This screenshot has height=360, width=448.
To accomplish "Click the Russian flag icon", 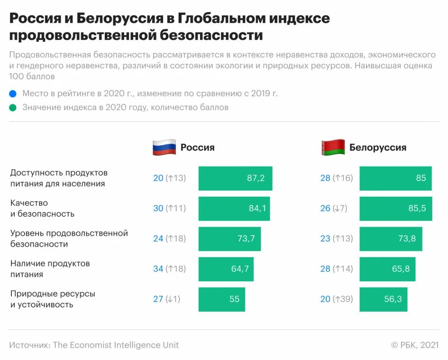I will coord(164,148).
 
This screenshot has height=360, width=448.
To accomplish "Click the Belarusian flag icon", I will coord(333,148).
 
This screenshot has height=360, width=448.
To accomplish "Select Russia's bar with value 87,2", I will coord(235,178).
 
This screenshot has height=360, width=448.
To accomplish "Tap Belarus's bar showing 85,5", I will coord(395,209).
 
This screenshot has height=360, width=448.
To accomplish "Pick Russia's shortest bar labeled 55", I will coord(221,299).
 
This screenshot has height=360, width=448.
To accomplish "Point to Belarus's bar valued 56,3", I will coord(383,299).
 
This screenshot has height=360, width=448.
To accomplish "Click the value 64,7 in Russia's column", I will coord(240,269).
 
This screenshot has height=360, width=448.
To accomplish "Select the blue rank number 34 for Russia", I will coord(158,269).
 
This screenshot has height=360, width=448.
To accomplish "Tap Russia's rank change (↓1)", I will coord(173,299).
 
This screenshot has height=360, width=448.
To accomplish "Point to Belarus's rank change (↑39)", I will coord(343,299).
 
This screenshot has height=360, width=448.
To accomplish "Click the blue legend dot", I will coord(13,93).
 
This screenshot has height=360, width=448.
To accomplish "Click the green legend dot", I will coord(13,108).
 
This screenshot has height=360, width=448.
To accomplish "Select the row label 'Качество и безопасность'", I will coord(42,208).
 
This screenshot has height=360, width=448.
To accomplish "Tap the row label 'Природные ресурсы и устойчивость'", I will coord(53,299).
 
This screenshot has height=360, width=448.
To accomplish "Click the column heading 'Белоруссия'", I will coord(378,148).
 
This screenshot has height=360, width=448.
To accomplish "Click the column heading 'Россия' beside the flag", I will coord(197,148).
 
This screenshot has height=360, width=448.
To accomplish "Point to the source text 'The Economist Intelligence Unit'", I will coord(116,345).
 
